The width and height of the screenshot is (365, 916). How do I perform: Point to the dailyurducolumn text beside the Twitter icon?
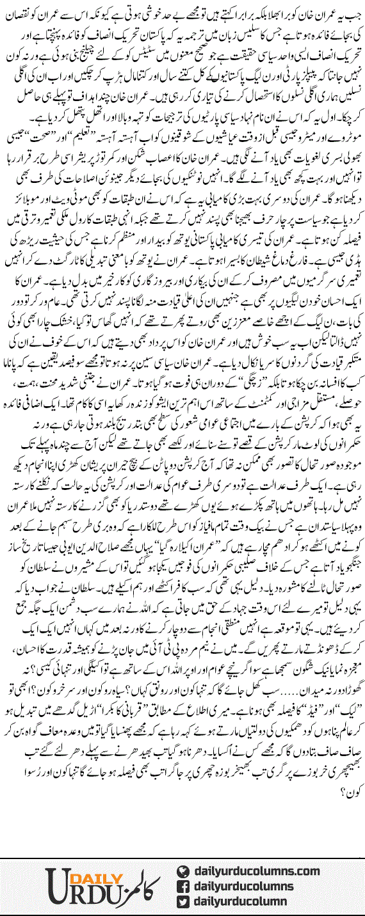point(244,899)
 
